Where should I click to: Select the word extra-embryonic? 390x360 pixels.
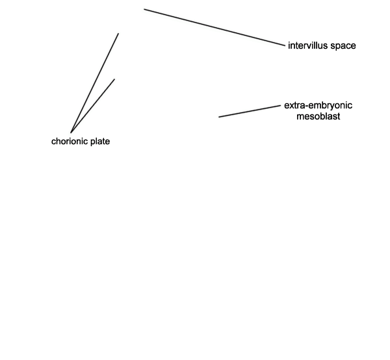318,106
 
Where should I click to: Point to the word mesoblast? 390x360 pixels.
318,116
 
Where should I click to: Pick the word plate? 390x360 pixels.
100,142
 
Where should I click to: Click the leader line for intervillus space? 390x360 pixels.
214,27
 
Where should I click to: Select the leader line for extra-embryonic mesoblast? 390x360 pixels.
250,111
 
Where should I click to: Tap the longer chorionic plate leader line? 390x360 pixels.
94,83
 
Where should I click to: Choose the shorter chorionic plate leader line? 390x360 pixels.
92,106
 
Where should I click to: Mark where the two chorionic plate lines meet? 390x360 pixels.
71,133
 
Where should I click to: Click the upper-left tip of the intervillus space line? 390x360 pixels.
144,9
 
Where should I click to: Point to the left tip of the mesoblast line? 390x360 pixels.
219,117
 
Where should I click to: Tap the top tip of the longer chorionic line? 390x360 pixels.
118,33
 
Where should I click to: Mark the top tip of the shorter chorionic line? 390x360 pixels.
114,79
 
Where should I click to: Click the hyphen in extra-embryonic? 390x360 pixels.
307,107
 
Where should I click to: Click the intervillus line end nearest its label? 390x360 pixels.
285,45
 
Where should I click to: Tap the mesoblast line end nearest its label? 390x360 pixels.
280,106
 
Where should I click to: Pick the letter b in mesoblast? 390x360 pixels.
323,116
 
